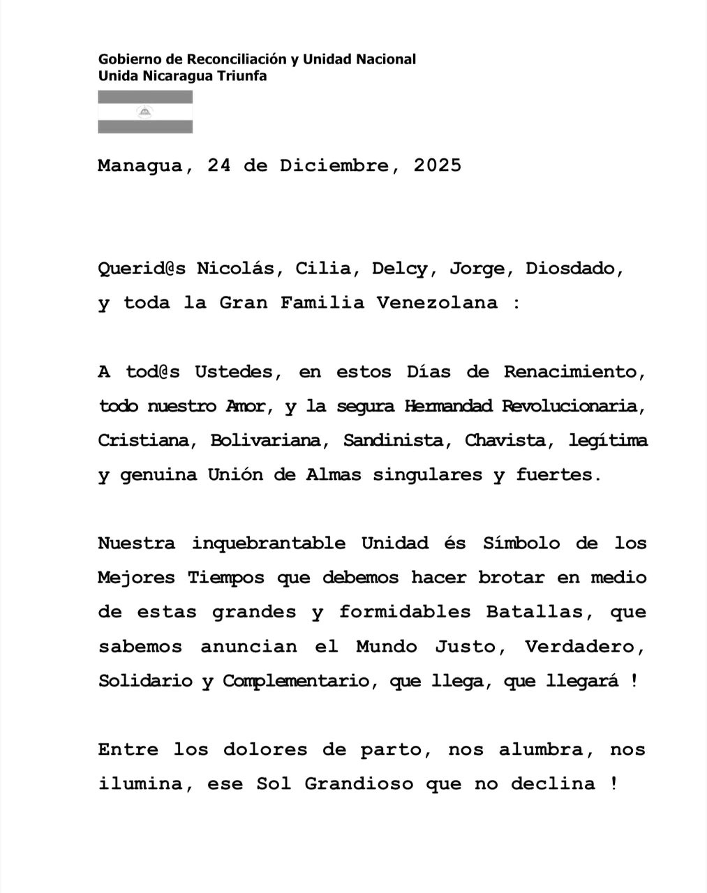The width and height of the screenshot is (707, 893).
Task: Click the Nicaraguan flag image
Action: point(145,112)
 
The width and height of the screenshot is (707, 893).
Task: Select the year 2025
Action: point(438,165)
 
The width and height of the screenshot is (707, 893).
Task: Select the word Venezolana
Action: point(438,303)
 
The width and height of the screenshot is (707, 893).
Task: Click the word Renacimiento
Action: point(571,372)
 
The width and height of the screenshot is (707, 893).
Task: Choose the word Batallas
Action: point(535,612)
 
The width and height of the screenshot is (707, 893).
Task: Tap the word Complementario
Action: point(295,681)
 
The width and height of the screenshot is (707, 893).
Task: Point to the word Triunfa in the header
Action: point(241,76)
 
